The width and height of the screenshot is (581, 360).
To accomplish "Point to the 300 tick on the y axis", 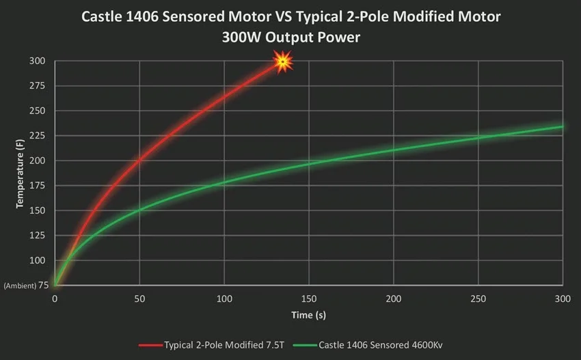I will pos(38,61).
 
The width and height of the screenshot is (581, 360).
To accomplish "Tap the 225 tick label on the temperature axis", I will pos(38,136).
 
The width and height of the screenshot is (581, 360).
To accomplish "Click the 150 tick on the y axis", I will pos(38,210).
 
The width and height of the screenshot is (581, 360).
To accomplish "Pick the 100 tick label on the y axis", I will pos(38,260).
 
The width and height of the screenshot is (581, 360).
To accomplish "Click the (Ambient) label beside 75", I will pos(15,286).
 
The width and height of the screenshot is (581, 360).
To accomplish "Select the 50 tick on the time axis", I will pos(139,299).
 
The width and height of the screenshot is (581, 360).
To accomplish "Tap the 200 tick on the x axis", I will pos(393,299).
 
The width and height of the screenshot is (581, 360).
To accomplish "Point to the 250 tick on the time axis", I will pos(478,299).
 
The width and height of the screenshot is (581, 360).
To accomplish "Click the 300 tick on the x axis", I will pos(562,299).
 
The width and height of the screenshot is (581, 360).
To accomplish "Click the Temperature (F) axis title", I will pos(21,173).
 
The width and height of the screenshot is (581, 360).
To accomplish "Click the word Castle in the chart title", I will pos(103,16).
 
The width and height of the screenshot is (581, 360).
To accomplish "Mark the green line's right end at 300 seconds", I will pos(562,126).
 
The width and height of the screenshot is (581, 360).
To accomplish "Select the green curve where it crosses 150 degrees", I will pos(140,210).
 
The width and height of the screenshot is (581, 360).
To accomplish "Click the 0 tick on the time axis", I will pos(55,299).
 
